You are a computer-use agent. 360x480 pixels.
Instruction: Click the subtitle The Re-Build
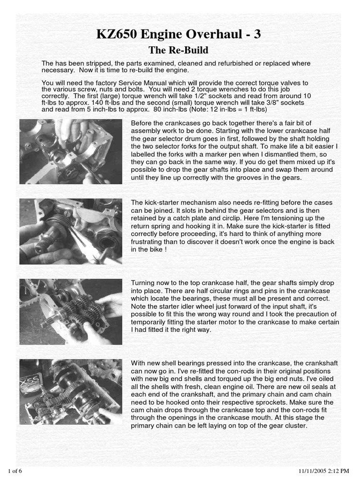pos(178,50)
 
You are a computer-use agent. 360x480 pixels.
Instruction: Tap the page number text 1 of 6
pos(15,471)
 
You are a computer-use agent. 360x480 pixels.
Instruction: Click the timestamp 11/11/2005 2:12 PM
pos(324,471)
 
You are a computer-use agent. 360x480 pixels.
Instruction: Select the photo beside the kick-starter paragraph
pos(71,231)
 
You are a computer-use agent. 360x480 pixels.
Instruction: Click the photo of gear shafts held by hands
pos(71,312)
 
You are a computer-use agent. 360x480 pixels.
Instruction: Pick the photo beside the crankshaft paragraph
pos(71,391)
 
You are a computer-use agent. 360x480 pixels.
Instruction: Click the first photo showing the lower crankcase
pos(71,151)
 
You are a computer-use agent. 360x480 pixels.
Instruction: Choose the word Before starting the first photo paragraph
pos(142,123)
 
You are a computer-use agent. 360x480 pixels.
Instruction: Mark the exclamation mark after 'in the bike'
pos(166,249)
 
